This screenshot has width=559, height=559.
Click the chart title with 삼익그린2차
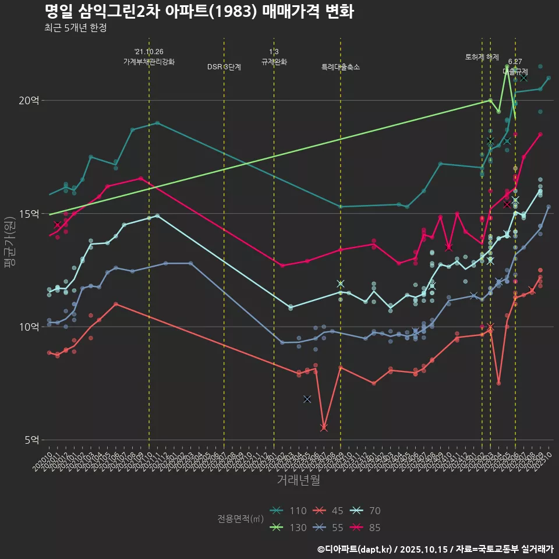[199, 11]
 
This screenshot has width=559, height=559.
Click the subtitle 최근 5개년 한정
[75, 27]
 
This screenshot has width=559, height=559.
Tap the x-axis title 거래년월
[298, 480]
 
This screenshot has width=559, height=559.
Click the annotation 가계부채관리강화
[149, 61]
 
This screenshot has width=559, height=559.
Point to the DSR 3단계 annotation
[224, 67]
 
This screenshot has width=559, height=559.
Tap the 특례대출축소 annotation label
[341, 67]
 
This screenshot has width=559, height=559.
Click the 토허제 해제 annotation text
[482, 57]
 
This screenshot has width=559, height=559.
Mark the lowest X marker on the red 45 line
[324, 428]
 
